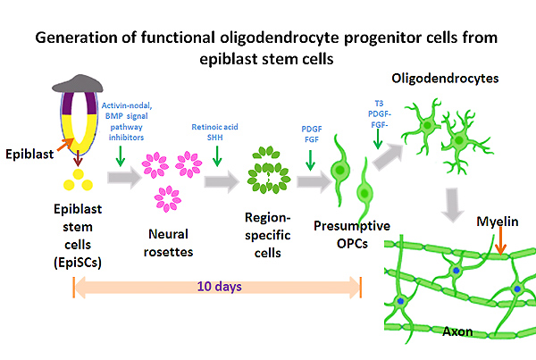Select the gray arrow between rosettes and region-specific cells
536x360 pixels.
pyautogui.click(x=221, y=183)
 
